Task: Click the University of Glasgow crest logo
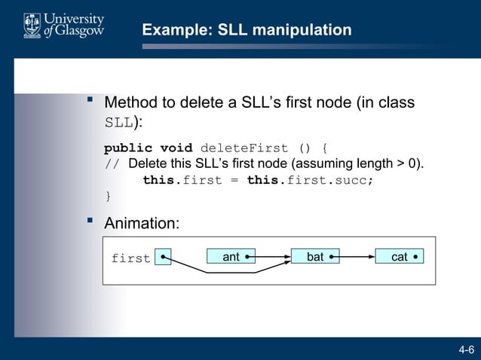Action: click(32, 26)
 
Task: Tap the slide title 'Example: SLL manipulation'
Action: click(247, 30)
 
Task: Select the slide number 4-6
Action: click(466, 349)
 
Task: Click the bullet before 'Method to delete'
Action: click(90, 99)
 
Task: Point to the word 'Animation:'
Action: click(142, 224)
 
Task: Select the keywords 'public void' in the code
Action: click(148, 148)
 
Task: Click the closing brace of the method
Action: click(108, 197)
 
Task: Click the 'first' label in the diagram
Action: click(130, 259)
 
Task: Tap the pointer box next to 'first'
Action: click(162, 258)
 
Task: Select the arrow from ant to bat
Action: click(270, 257)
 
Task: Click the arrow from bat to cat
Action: click(354, 257)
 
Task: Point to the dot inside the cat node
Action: click(415, 257)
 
